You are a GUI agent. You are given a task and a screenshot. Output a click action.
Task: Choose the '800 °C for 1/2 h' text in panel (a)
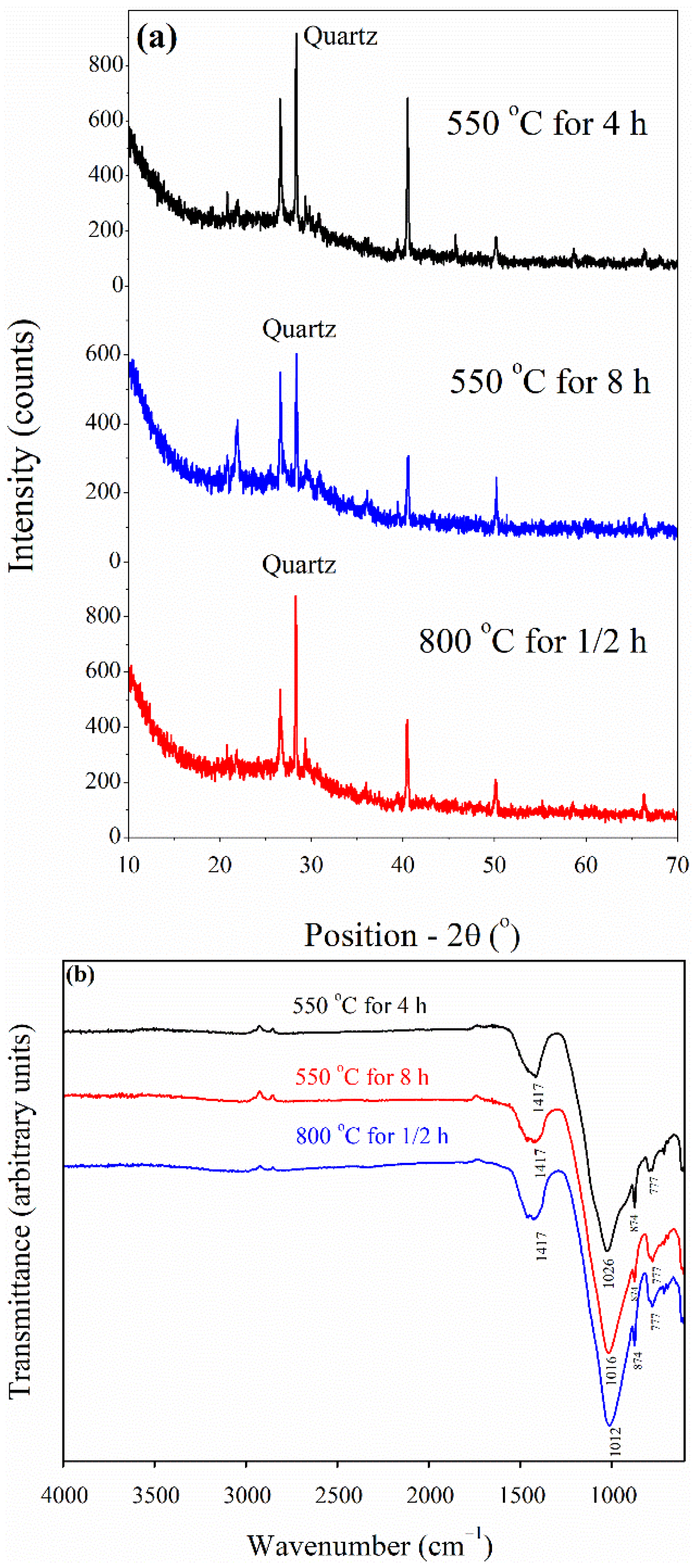532,641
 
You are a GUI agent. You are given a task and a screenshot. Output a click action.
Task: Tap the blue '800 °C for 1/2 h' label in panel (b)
372,1135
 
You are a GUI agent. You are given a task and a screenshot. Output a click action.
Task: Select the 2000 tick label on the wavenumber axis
430,1494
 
